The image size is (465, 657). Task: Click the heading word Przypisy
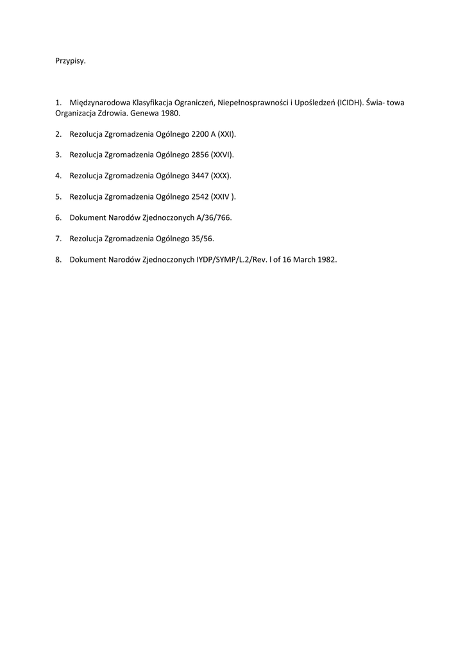click(x=70, y=62)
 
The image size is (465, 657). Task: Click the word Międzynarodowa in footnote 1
click(x=98, y=102)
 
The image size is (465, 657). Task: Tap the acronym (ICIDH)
click(x=350, y=102)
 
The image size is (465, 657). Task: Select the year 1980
click(x=170, y=113)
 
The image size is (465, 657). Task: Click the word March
click(x=302, y=259)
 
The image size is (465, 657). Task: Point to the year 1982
click(x=326, y=259)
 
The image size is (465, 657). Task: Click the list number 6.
click(x=58, y=218)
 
